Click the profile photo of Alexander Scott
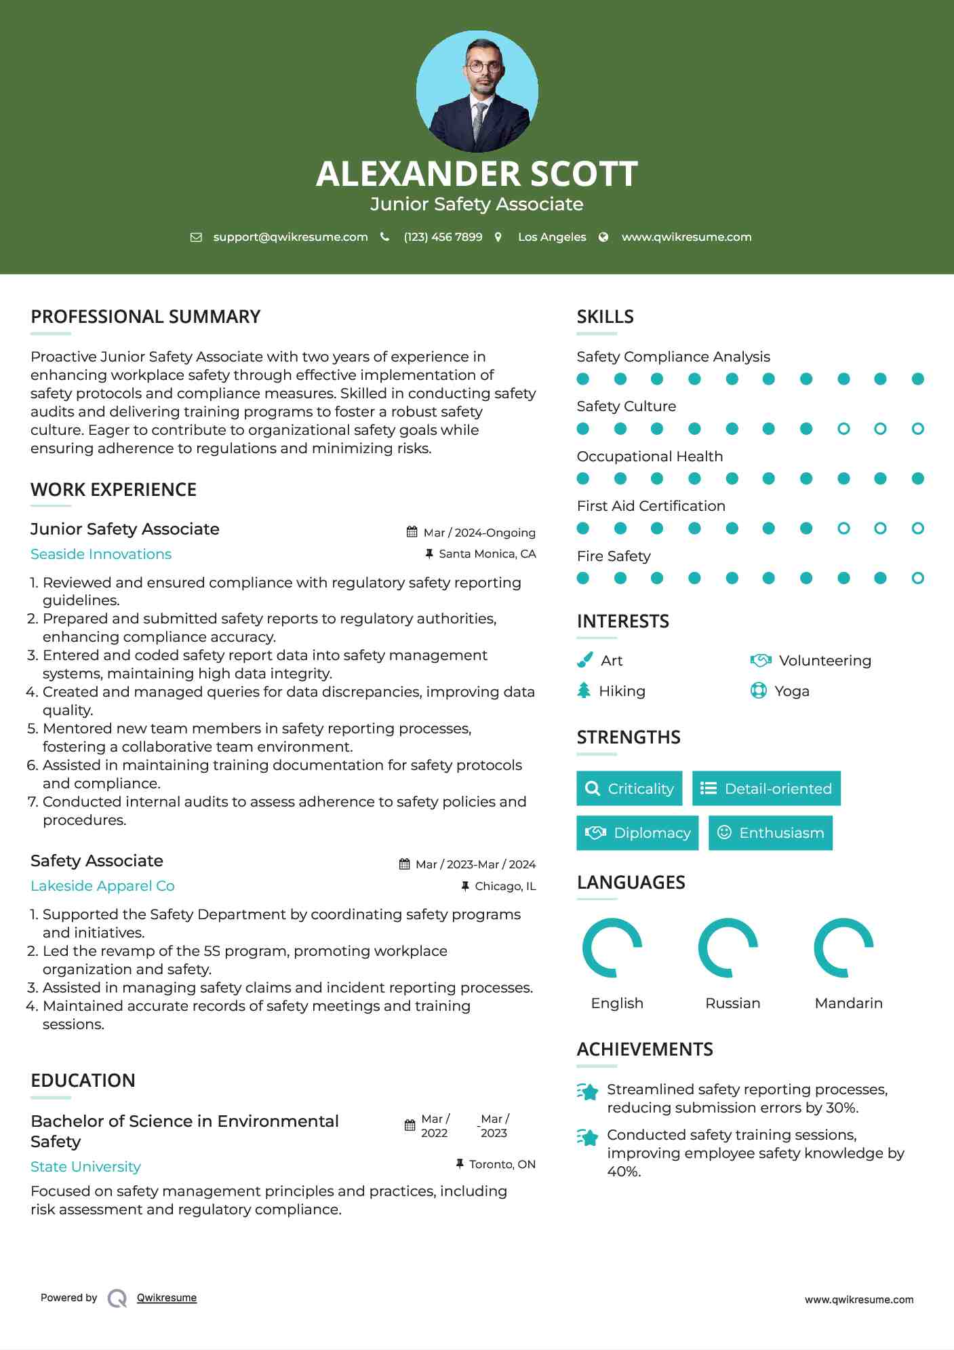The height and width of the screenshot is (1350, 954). [x=477, y=91]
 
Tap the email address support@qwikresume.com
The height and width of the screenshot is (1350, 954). [x=290, y=237]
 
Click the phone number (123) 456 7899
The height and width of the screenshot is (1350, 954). [x=443, y=237]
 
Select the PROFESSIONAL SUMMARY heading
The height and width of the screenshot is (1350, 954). [x=145, y=317]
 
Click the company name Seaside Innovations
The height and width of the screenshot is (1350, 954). [x=101, y=554]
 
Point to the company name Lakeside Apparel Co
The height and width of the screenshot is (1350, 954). [x=102, y=886]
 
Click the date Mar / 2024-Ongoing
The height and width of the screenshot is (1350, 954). [x=479, y=533]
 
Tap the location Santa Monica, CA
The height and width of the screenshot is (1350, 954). [x=487, y=554]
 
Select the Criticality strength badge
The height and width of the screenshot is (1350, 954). [x=629, y=788]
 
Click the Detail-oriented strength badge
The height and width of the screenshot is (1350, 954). [x=766, y=788]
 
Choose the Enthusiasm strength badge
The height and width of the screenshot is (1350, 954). [x=770, y=832]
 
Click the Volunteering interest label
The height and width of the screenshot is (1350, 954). [x=824, y=660]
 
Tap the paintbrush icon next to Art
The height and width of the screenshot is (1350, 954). [x=584, y=660]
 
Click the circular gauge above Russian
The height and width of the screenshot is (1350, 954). [x=728, y=948]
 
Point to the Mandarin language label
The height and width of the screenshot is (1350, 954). [x=848, y=1003]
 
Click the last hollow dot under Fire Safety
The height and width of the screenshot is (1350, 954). [x=917, y=578]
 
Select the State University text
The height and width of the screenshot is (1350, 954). [x=85, y=1167]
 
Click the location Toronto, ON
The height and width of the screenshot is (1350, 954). [x=502, y=1164]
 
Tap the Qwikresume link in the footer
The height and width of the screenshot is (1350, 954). [x=166, y=1298]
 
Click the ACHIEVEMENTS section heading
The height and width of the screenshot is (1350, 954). [x=644, y=1049]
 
